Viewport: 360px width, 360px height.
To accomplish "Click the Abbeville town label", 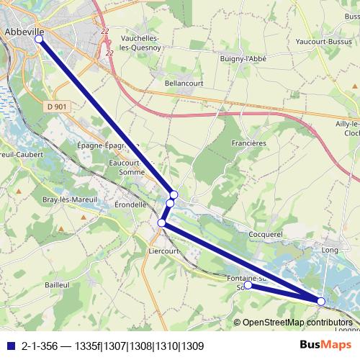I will click(24, 32).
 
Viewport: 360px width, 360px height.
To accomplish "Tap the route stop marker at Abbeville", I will click(39, 41).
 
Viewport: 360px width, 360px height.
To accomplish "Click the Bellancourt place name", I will click(184, 84).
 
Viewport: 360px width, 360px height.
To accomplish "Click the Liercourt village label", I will click(162, 251).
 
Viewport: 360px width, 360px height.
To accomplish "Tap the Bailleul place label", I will click(56, 285).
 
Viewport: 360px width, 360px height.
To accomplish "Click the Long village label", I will click(330, 250).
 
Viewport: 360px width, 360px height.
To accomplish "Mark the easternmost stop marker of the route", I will click(321, 301).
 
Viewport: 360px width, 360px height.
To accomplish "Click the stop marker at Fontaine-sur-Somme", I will click(248, 285).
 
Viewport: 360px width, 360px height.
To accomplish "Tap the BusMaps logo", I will click(325, 344).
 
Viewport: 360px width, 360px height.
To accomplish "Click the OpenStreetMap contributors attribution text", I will click(297, 323).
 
